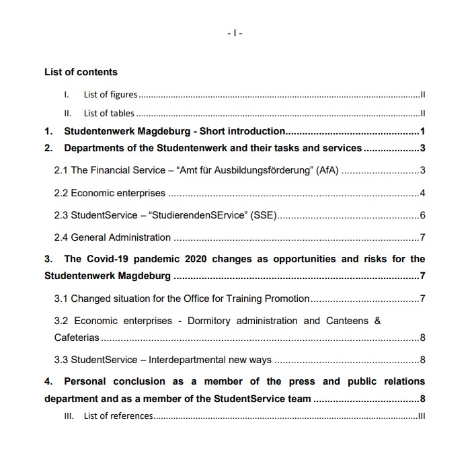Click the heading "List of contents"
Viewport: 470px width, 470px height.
81,72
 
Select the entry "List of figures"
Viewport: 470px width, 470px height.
110,95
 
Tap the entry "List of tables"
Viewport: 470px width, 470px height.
109,113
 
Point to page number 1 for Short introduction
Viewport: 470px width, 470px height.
422,131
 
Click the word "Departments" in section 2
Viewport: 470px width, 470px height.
93,148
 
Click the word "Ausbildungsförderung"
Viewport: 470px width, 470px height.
262,171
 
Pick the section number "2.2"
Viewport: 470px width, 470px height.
61,193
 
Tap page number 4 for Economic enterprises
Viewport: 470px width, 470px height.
422,193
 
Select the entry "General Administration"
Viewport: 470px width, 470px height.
121,237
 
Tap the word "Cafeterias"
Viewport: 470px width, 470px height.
77,337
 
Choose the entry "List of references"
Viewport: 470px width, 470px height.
118,416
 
